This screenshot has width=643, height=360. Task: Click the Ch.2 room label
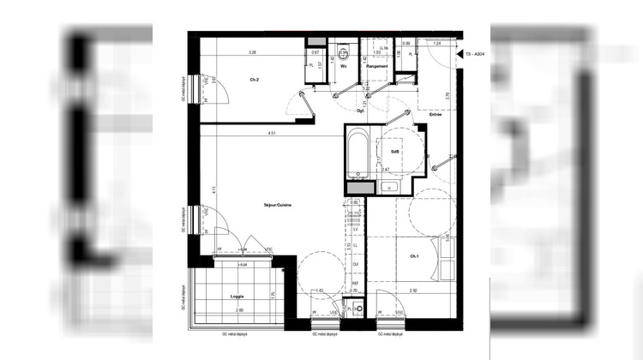[x=254, y=81]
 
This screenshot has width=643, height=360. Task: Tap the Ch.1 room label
[x=414, y=256]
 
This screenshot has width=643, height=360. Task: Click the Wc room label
[x=343, y=66]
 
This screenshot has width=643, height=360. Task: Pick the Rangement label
[x=378, y=66]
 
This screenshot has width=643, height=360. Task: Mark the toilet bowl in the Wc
[x=342, y=50]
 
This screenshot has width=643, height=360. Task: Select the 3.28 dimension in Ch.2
[x=252, y=53]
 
